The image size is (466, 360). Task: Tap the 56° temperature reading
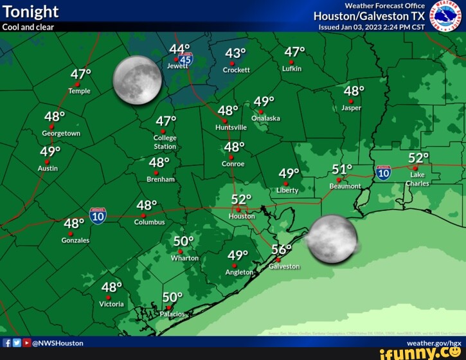click(281, 249)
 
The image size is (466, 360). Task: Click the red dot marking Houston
click(238, 209)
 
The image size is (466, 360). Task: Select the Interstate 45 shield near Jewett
click(186, 60)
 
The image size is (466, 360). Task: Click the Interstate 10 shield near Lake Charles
click(383, 172)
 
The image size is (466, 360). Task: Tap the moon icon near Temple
click(137, 80)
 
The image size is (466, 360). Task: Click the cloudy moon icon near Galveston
click(332, 239)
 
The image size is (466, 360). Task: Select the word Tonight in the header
click(30, 12)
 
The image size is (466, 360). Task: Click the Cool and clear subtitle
click(28, 27)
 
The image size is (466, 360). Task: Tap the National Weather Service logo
click(446, 15)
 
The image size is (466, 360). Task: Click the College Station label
click(165, 142)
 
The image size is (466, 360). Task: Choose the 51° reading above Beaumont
click(342, 169)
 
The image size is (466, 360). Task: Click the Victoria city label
click(111, 303)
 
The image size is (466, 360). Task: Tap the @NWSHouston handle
click(57, 343)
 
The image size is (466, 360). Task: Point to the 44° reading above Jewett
click(180, 50)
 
